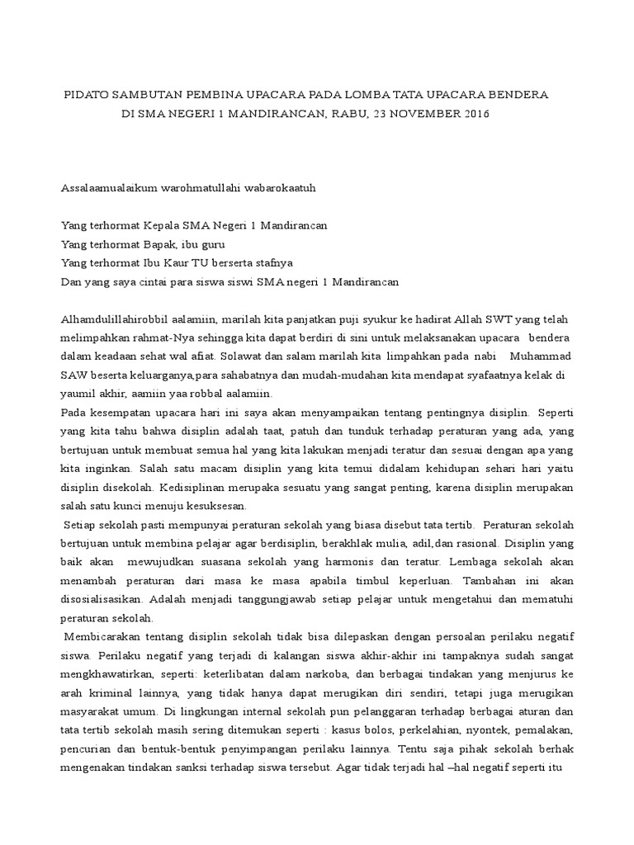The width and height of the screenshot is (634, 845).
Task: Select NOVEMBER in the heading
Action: pos(419,114)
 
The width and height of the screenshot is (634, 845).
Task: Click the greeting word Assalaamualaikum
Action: pos(108,188)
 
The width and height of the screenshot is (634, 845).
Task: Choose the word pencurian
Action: pos(88,748)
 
